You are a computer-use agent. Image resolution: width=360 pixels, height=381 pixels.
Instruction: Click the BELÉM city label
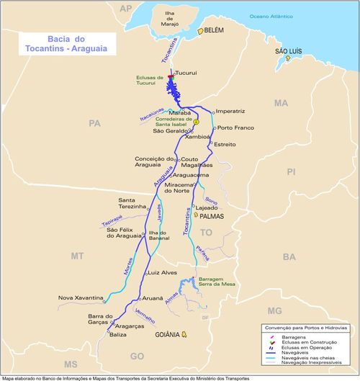(215, 31)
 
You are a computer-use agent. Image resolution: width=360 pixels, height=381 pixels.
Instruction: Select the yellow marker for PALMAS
(195, 214)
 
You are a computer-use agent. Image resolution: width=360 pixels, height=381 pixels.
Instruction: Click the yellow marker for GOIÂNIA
(184, 333)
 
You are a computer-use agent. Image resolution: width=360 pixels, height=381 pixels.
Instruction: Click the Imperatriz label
(230, 112)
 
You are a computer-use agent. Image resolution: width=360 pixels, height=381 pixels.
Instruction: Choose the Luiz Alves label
(162, 273)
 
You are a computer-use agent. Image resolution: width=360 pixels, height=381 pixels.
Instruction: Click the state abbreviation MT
(77, 256)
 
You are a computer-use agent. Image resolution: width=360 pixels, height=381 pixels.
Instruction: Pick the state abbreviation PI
(291, 171)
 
